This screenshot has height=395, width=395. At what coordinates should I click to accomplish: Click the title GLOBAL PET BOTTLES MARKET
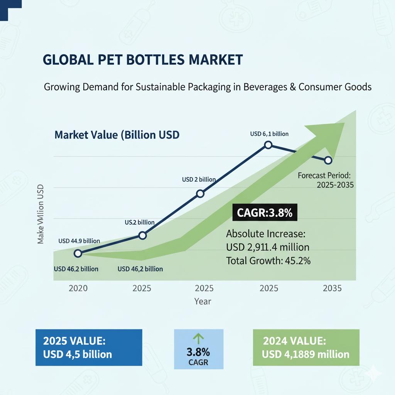point(143,60)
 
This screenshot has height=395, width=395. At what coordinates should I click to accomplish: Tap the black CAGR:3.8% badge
point(265,213)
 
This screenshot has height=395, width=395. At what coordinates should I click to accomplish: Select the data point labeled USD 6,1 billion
point(268,145)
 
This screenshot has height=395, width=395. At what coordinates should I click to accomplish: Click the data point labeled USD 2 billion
point(200,194)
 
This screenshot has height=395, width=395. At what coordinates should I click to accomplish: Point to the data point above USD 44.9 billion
point(78,253)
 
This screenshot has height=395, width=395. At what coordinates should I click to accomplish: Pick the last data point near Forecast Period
point(328,160)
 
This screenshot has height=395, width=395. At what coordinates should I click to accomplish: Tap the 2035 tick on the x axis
point(331,289)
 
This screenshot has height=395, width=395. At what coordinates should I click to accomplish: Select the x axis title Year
point(203,301)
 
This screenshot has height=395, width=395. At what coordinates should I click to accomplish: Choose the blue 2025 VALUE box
point(89,347)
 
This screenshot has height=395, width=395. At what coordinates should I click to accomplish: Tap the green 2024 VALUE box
point(306,347)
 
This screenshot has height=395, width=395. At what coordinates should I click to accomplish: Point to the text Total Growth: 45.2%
point(268,260)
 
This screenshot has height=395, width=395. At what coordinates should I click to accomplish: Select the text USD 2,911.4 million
point(268,247)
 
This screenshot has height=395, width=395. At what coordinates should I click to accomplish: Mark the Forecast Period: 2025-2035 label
point(326,180)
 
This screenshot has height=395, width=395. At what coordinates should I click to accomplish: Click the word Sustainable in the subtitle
point(160,87)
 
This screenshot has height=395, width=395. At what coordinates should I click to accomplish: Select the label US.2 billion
point(139,222)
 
